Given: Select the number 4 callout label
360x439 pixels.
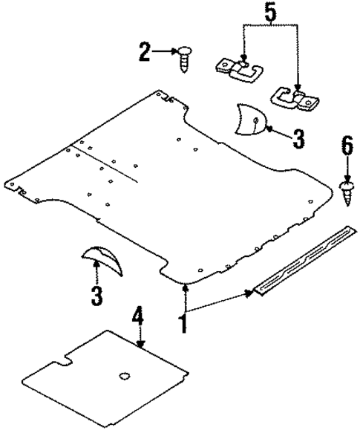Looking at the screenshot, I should pyautogui.click(x=138, y=318).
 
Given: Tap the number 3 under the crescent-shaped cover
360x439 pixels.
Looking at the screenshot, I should pyautogui.click(x=96, y=295).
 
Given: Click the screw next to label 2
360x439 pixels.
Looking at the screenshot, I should pyautogui.click(x=183, y=56).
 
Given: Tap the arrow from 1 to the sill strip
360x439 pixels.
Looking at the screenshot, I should pyautogui.click(x=222, y=301).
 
